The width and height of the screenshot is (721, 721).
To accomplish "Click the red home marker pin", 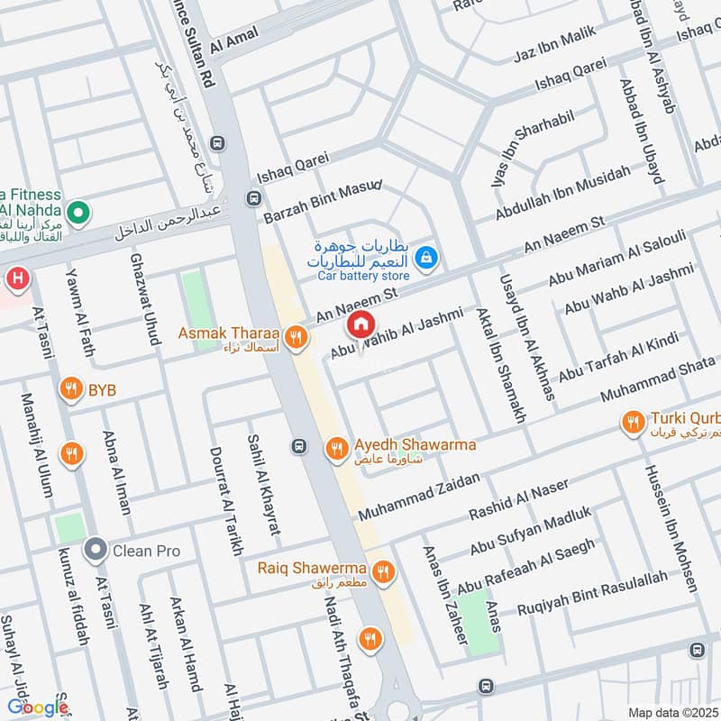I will (x=360, y=324).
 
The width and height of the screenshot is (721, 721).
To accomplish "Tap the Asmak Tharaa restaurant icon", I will (x=295, y=339).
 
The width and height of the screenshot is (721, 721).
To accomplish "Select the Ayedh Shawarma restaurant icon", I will (x=336, y=447).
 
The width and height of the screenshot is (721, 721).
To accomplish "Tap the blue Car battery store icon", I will (x=428, y=259).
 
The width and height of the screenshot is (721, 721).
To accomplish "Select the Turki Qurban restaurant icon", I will (x=634, y=422).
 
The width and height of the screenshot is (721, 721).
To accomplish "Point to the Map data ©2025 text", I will (x=671, y=713).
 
